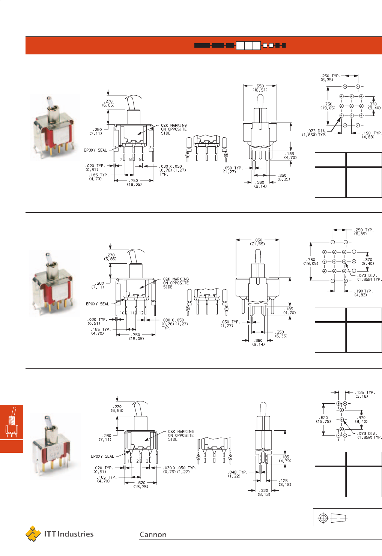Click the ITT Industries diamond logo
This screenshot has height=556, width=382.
click(33, 533)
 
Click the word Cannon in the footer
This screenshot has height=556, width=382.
click(153, 534)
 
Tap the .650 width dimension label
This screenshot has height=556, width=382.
click(260, 88)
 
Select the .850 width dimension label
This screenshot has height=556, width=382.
click(257, 242)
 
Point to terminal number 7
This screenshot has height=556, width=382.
click(121, 159)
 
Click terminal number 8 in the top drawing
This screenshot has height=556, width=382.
click(130, 159)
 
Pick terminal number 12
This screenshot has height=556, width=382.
click(141, 313)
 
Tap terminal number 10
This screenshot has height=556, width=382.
click(122, 313)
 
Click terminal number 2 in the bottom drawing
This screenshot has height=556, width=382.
click(137, 461)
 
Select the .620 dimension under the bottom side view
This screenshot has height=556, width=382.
click(141, 484)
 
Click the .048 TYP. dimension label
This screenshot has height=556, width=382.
click(237, 474)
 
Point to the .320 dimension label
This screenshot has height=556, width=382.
click(264, 492)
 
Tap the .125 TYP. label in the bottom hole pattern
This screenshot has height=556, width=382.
click(365, 394)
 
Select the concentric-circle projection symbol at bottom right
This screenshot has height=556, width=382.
click(323, 518)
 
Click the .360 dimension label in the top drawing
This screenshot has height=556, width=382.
click(260, 184)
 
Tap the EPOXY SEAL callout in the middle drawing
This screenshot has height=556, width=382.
click(98, 304)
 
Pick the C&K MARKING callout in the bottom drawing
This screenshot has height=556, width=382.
click(181, 435)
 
